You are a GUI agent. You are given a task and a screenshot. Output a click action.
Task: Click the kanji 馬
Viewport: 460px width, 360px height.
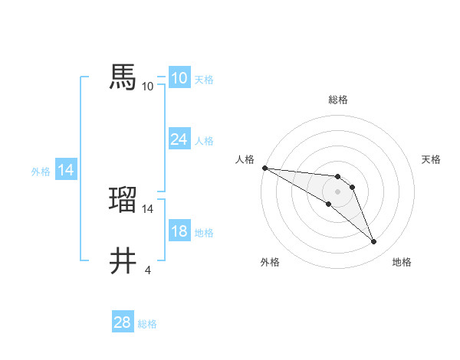coord(123,77)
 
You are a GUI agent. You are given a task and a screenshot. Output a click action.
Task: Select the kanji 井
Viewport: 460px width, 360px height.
coord(123,262)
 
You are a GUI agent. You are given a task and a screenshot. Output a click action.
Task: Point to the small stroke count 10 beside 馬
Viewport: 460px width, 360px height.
coord(147,86)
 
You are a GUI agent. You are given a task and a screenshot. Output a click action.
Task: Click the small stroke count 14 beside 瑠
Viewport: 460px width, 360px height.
coord(148,208)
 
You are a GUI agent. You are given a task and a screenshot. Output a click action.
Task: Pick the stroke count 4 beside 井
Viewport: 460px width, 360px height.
coord(147,270)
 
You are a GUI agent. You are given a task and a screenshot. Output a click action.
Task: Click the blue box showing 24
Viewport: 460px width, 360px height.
coord(179,139)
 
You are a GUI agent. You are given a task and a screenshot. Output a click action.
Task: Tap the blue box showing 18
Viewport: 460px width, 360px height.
coord(179,232)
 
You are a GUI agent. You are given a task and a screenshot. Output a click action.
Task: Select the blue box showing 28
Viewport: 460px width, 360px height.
coord(122,322)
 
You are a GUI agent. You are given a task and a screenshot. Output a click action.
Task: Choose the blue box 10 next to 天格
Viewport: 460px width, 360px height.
coord(179,78)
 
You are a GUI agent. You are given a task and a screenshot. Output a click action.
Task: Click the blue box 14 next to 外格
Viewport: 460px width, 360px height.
coord(66,170)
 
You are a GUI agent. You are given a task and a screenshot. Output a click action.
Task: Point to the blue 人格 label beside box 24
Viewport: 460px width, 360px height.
coord(204,141)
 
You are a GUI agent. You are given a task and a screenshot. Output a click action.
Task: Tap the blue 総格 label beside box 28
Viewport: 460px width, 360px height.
coord(147,324)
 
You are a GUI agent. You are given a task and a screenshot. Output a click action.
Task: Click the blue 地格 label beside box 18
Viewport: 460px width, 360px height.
coord(204,233)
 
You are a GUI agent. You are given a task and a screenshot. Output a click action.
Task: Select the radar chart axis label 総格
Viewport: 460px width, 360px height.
coord(338,100)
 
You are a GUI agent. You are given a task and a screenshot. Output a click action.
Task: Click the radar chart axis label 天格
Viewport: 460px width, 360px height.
coord(432,159)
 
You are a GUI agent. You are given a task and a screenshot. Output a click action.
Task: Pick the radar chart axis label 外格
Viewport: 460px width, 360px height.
coord(270,263)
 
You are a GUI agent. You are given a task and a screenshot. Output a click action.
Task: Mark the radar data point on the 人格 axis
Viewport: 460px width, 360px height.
coord(264,168)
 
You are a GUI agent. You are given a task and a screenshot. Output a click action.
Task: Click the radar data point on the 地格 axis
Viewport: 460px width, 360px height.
coord(374,242)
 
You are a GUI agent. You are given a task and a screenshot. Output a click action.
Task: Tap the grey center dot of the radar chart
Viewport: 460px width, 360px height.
coord(338,191)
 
